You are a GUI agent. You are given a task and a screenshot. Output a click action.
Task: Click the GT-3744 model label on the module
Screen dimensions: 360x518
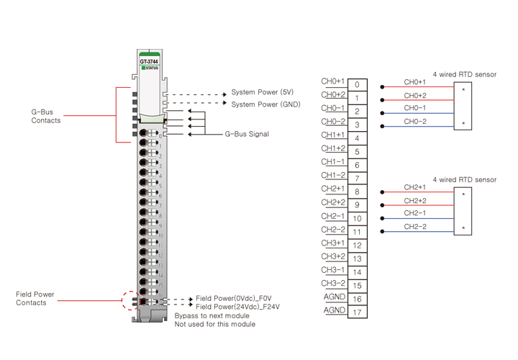point(149,61)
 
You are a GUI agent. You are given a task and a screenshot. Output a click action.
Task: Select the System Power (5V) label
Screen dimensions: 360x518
point(262,93)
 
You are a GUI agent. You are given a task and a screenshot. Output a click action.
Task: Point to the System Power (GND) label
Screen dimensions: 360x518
point(265,105)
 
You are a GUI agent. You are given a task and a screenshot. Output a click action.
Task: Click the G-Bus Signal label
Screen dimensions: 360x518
point(247,134)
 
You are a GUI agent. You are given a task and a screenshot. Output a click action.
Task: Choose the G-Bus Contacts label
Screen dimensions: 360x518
point(45,116)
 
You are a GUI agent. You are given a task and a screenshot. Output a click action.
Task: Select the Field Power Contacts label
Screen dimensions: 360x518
point(35,299)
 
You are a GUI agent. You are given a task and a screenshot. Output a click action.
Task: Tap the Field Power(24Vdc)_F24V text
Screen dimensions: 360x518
point(238,307)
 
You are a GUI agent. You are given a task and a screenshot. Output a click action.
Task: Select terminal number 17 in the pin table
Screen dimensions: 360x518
point(358,312)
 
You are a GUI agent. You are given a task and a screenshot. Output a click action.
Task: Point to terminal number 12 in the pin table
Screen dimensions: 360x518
point(358,246)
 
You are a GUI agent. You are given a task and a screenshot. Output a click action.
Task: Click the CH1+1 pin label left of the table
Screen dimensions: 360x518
point(333,135)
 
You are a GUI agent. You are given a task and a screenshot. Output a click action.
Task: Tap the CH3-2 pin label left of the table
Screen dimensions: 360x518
point(333,283)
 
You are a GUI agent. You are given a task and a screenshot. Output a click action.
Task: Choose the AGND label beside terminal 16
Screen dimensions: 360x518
point(334,297)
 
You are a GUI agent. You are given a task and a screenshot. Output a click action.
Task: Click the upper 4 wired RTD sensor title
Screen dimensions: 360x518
point(464,75)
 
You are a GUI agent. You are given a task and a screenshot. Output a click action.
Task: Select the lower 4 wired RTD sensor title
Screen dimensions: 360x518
point(464,179)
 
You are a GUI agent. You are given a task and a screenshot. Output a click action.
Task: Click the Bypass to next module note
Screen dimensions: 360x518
point(212,316)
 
